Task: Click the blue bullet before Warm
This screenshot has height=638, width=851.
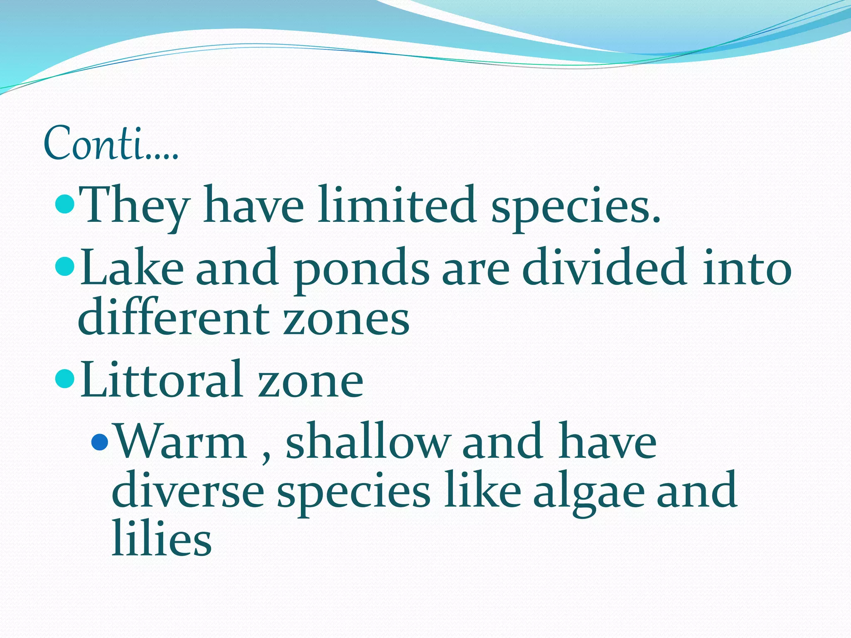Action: [100, 442]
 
